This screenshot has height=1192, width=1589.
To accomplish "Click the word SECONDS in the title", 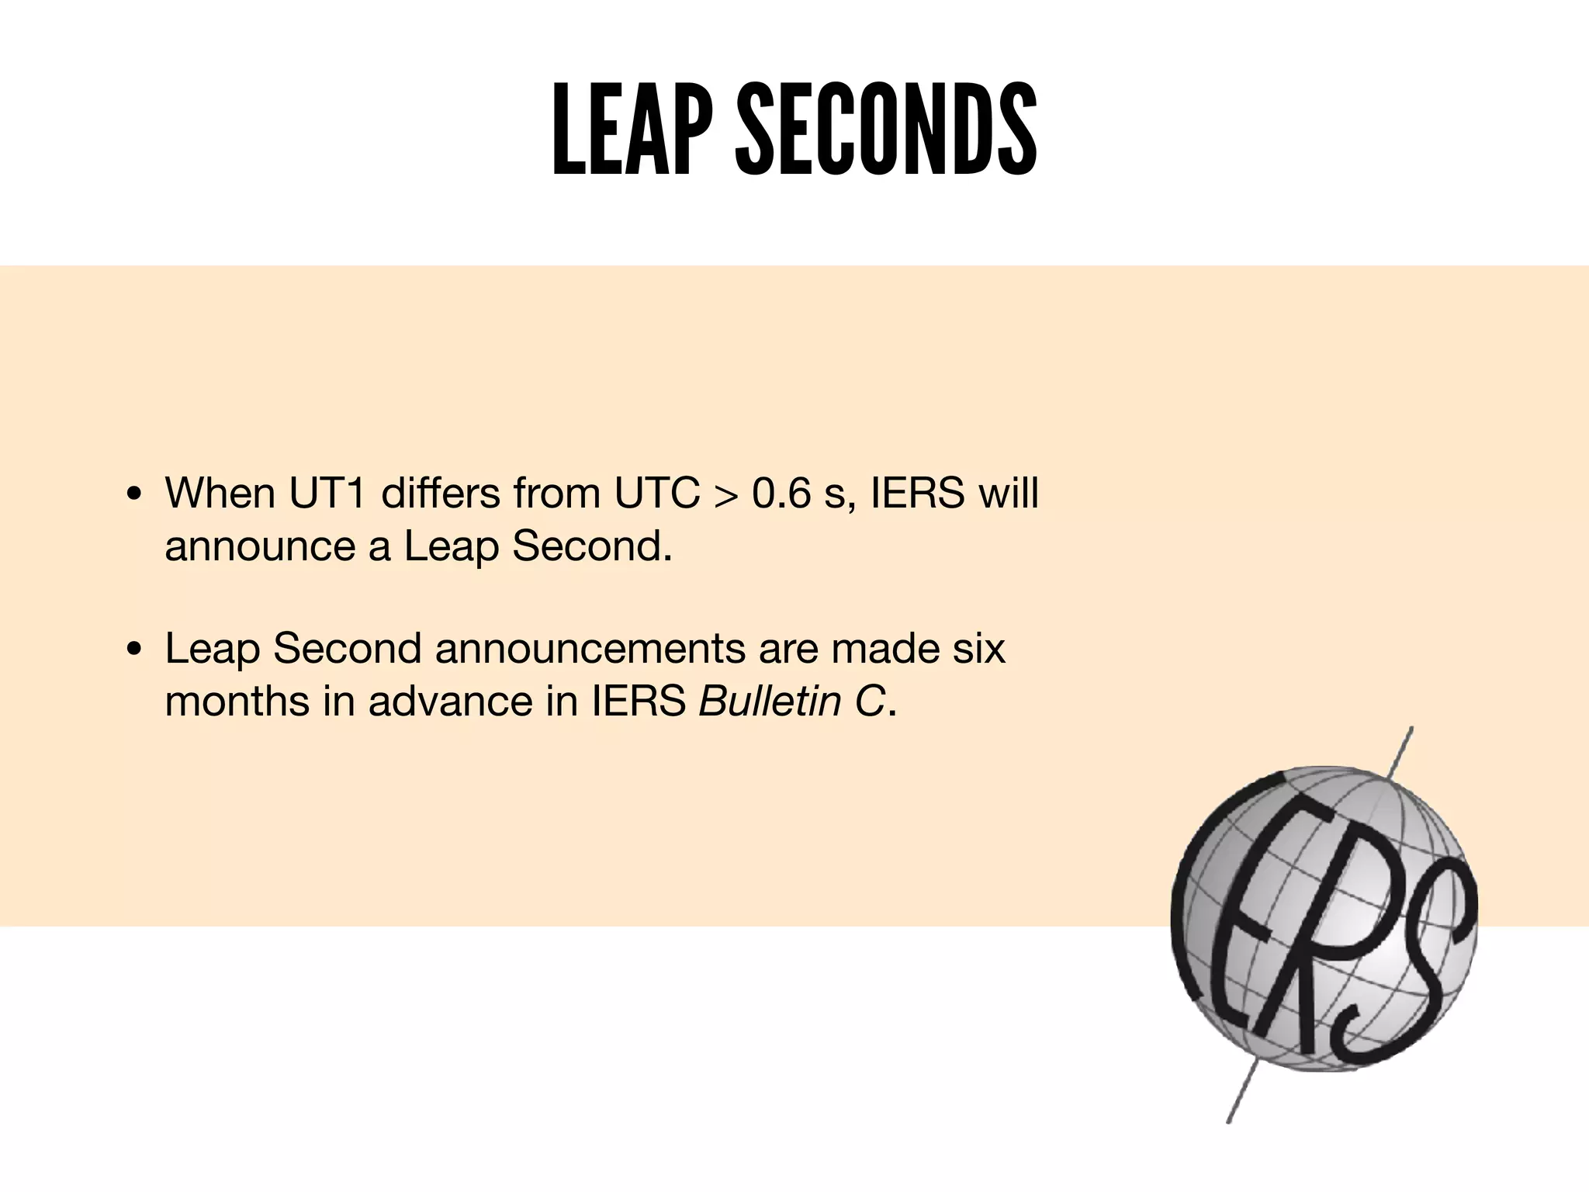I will point(885,130).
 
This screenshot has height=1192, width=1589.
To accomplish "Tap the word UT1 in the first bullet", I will point(327,493).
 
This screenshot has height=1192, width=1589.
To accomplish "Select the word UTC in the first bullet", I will point(657,493).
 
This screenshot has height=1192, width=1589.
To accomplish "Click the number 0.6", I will point(781,493).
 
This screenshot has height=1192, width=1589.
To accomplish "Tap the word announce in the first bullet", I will point(260,547).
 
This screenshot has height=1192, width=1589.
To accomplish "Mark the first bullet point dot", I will point(134,494).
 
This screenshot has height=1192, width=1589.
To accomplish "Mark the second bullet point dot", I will point(134,650).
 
